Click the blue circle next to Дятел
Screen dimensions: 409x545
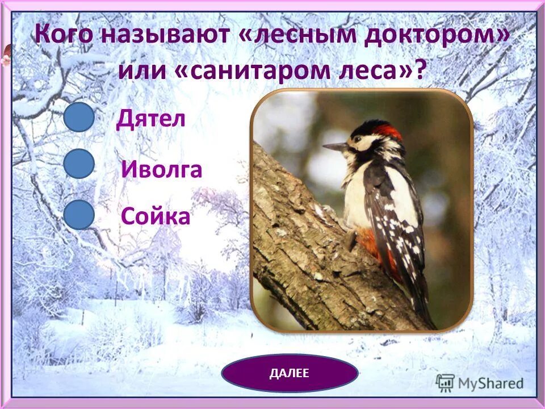click(x=79, y=118)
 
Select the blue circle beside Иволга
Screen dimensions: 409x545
click(x=79, y=165)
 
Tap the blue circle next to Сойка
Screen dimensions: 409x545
click(x=79, y=215)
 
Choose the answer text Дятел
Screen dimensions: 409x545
click(x=151, y=119)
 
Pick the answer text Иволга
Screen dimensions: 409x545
click(x=162, y=169)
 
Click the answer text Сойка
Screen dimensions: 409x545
click(x=156, y=217)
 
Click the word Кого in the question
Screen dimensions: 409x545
click(x=63, y=35)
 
